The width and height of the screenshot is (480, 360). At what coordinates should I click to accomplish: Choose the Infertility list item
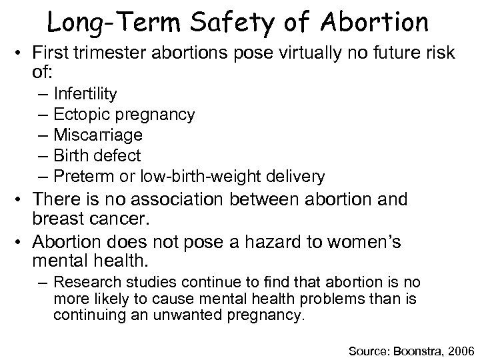point(86,93)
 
